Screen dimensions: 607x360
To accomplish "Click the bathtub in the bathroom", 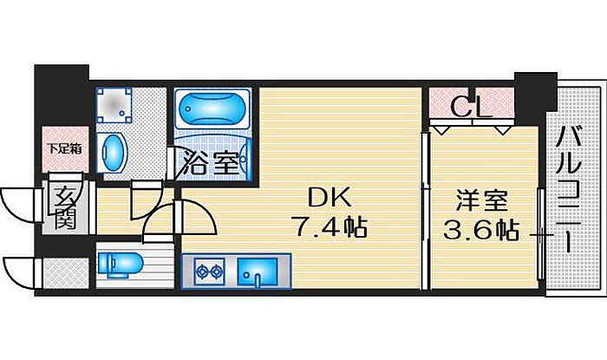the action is [212, 108].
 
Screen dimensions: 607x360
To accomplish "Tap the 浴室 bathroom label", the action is [211, 162].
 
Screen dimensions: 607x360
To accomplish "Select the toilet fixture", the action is [119, 265].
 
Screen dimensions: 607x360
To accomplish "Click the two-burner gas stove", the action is [210, 272].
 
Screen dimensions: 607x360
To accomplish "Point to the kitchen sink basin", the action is [258, 272].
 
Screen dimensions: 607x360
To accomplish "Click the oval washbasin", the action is [113, 153].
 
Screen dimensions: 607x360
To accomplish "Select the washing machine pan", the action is [114, 104].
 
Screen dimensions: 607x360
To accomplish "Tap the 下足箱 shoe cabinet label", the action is [65, 148].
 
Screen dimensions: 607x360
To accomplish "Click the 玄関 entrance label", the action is [64, 208].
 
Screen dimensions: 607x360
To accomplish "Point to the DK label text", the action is [329, 198].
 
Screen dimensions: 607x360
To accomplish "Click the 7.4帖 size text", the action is [331, 227].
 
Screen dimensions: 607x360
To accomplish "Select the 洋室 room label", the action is [481, 200].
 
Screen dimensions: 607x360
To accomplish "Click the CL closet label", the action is [472, 107].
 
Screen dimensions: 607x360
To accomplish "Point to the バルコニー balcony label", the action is [569, 190].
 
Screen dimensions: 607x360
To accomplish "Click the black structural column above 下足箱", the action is [62, 95].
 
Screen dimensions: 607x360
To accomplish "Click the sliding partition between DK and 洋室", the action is [425, 211].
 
